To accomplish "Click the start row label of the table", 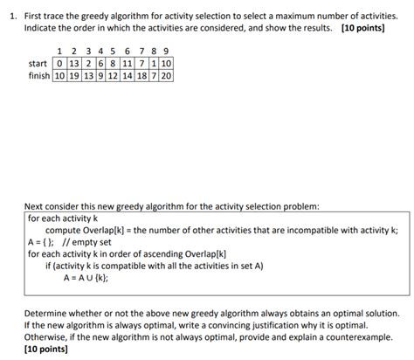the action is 38,64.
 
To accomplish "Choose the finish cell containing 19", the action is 72,76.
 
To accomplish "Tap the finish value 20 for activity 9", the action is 167,76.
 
